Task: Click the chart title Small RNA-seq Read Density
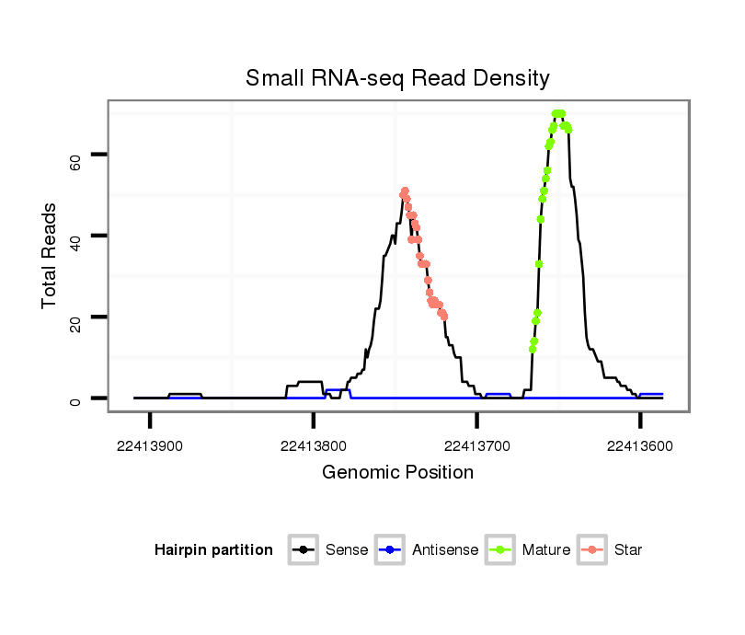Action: tap(397, 78)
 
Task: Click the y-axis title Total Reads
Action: tap(50, 256)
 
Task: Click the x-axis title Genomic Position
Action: tap(397, 473)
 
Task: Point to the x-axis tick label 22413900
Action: tap(150, 446)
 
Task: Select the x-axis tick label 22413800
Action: tap(314, 446)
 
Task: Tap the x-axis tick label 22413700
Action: tap(476, 446)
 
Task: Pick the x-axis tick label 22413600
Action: tap(640, 446)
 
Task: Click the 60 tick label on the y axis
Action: tap(76, 163)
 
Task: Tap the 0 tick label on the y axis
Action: tap(76, 398)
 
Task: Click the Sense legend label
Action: tap(347, 550)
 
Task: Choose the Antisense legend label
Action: tap(445, 550)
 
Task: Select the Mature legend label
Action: tap(546, 550)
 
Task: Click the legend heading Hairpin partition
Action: tap(213, 550)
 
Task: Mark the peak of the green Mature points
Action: tap(557, 113)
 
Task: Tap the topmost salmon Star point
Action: tap(405, 191)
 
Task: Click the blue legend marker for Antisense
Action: tap(392, 550)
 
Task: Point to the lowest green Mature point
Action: tap(532, 349)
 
